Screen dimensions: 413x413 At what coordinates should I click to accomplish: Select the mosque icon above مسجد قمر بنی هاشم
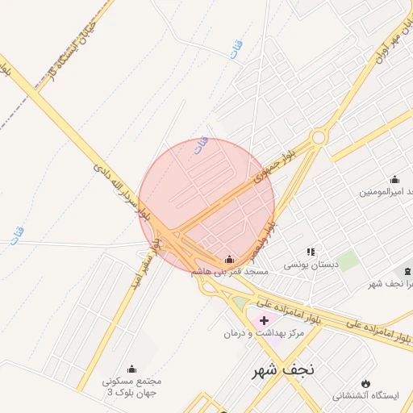click(x=230, y=259)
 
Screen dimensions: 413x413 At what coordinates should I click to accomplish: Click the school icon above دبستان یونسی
click(x=311, y=252)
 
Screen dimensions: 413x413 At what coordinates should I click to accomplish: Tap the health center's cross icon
click(x=264, y=320)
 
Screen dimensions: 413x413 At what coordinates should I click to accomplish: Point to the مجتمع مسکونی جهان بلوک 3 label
click(x=131, y=386)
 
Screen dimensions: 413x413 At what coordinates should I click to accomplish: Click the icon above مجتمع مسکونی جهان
click(x=132, y=369)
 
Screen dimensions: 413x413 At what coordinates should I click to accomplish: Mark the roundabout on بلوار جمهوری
click(x=319, y=137)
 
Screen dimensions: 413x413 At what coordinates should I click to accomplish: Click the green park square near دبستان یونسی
click(x=348, y=261)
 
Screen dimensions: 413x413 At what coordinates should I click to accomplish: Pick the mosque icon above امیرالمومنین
click(x=394, y=179)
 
